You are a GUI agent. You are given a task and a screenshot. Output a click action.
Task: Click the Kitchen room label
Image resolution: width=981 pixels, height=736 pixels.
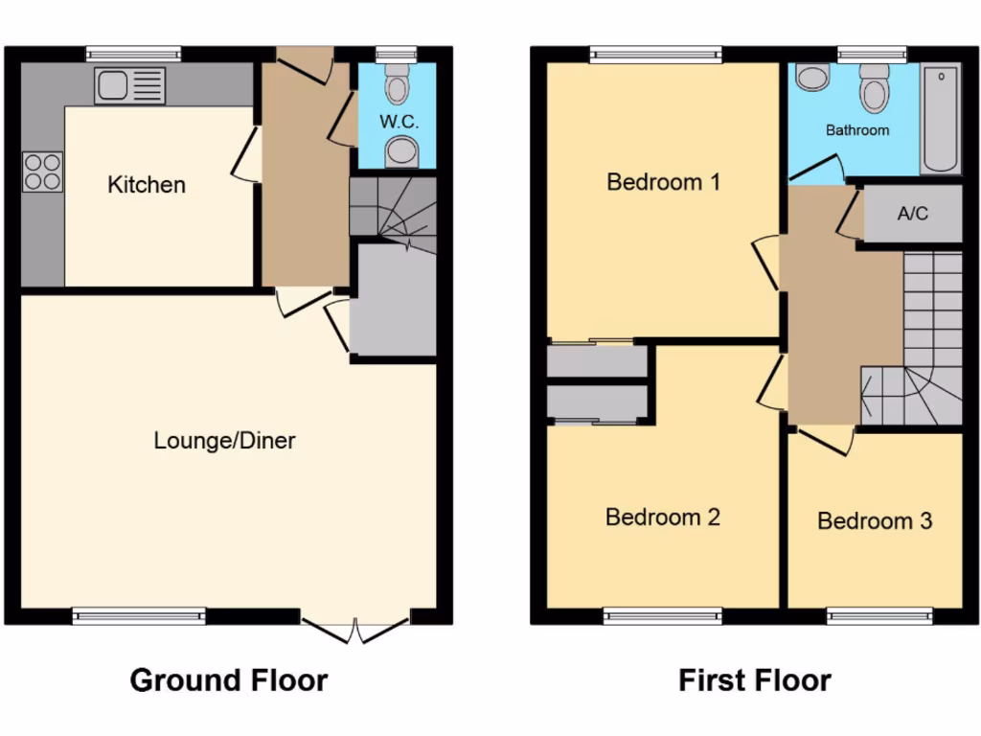147,184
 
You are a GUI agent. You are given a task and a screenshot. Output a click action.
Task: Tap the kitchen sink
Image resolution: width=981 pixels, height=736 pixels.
130,86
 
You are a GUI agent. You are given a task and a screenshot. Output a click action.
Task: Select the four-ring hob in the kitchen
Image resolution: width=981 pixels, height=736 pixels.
42,172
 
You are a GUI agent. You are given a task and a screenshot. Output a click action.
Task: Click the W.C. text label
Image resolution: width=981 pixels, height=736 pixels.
399,122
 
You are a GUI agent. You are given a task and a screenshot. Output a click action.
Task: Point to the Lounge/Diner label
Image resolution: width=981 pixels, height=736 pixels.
225,441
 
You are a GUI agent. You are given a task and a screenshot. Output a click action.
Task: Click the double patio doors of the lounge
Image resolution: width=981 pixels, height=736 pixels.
355,629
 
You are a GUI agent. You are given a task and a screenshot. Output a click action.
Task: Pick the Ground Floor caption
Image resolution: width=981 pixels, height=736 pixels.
229,680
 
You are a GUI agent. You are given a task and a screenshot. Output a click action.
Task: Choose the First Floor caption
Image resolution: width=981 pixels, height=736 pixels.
755,680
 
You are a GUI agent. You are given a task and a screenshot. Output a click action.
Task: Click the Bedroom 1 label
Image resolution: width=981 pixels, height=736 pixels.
663,181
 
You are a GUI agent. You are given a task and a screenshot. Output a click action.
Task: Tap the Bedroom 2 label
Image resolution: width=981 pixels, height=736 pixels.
663,517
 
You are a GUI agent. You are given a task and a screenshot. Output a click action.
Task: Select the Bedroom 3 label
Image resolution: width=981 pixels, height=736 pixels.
875,521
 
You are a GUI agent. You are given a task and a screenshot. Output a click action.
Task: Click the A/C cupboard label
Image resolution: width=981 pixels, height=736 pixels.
913,214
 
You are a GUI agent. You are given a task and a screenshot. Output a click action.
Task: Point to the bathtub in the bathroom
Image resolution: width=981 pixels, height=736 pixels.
940,119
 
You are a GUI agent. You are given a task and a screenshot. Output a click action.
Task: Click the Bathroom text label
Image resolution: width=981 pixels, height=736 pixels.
857,129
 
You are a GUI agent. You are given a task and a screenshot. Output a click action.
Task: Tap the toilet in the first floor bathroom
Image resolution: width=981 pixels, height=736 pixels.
873,88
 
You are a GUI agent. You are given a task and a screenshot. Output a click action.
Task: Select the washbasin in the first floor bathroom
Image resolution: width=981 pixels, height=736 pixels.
813,77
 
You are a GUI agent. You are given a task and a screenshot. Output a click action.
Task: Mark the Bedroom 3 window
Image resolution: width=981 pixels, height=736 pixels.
879,615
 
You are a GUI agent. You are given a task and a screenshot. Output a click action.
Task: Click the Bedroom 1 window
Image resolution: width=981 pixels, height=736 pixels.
655,54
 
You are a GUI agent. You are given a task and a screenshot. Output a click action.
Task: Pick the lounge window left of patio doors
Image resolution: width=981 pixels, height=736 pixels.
140,615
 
